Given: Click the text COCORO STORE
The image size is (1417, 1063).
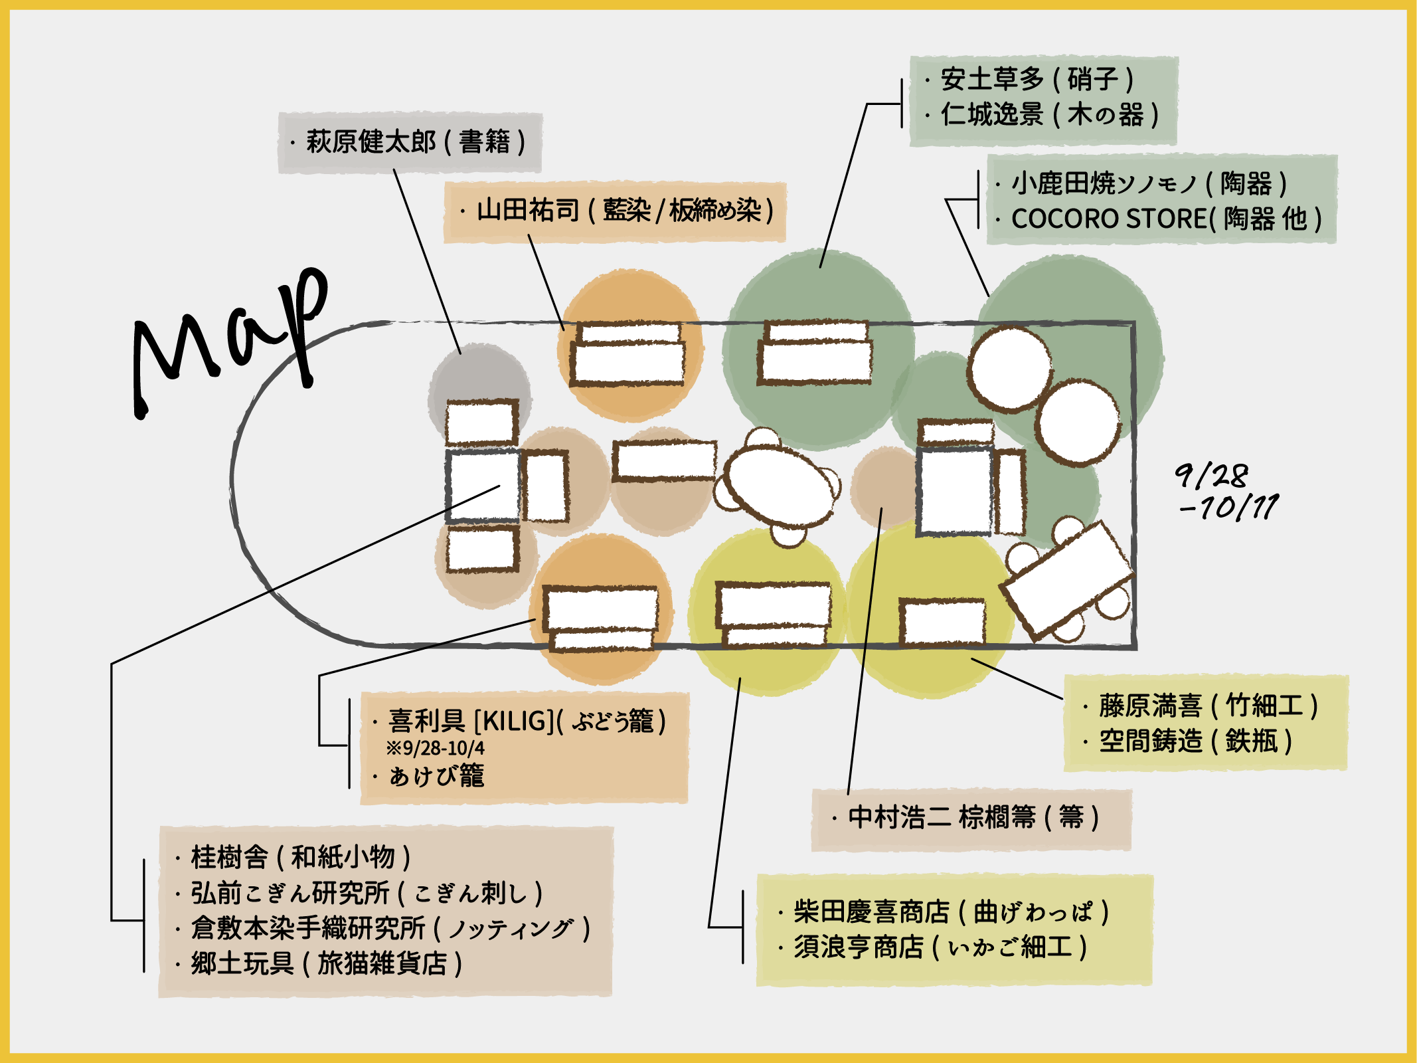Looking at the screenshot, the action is pyautogui.click(x=1108, y=219).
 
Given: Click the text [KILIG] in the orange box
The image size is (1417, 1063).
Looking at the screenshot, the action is pyautogui.click(x=513, y=721).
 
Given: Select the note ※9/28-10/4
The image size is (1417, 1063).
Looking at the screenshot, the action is pyautogui.click(x=436, y=749).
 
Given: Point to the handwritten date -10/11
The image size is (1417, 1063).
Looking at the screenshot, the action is pyautogui.click(x=1228, y=508).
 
